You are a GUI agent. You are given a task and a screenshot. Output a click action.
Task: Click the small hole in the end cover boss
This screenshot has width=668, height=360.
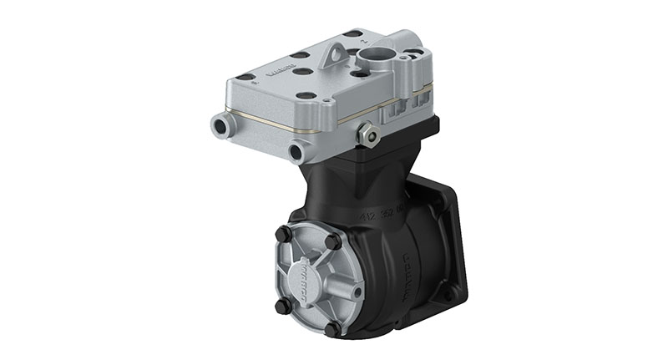pyautogui.click(x=357, y=292)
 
